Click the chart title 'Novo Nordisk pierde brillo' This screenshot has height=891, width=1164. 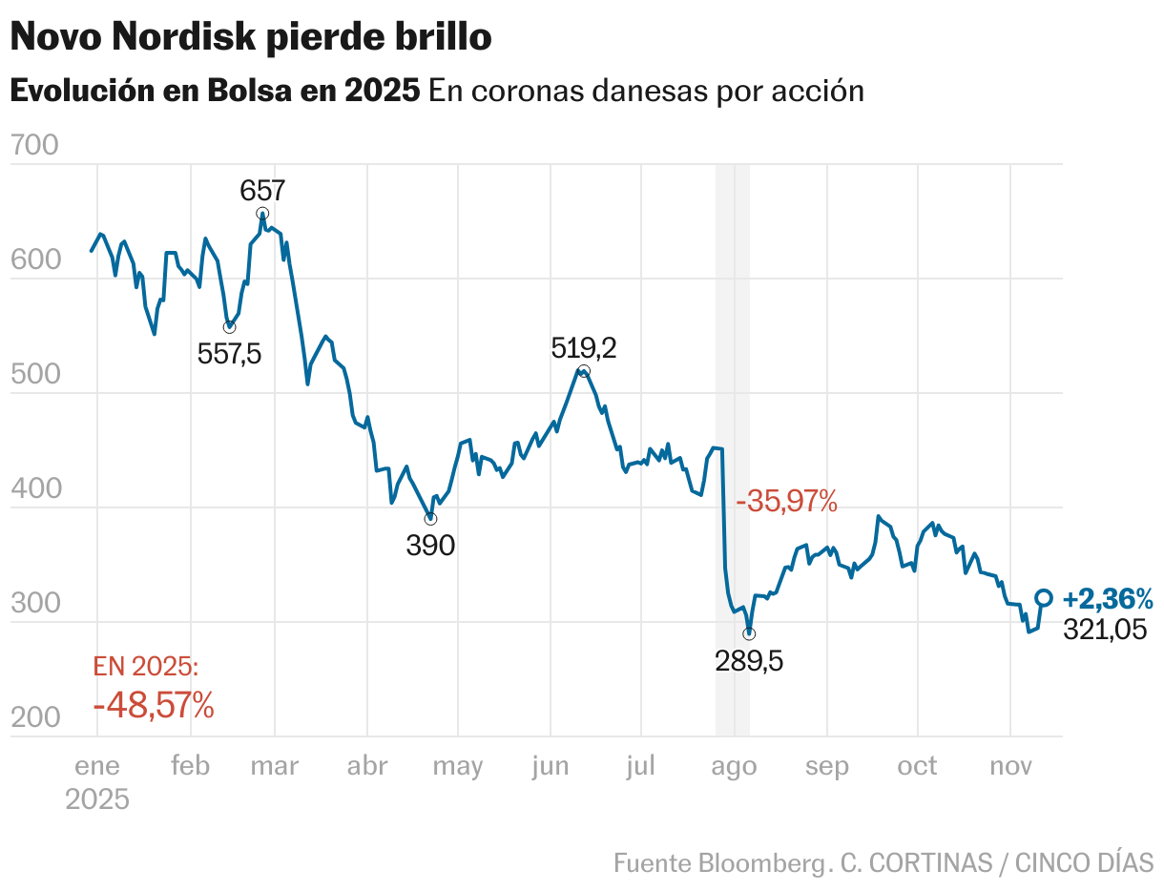pos(251,38)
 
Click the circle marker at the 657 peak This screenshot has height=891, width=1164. pos(262,214)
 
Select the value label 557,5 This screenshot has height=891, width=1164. pos(229,354)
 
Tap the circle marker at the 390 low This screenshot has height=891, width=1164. pos(430,518)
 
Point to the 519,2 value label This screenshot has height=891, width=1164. pos(584,347)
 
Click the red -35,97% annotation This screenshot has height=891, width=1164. pos(786,500)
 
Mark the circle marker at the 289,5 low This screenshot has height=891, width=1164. pos(749,633)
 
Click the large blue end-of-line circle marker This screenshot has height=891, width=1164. pos(1044,597)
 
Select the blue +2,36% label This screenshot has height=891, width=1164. pos(1108,599)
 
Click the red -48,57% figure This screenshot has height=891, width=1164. pos(154,706)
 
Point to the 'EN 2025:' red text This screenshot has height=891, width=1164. pos(146,666)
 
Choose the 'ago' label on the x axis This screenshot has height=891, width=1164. pos(735,766)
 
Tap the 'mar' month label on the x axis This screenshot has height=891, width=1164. pos(274,766)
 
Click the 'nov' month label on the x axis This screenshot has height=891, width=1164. pos(1010,766)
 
